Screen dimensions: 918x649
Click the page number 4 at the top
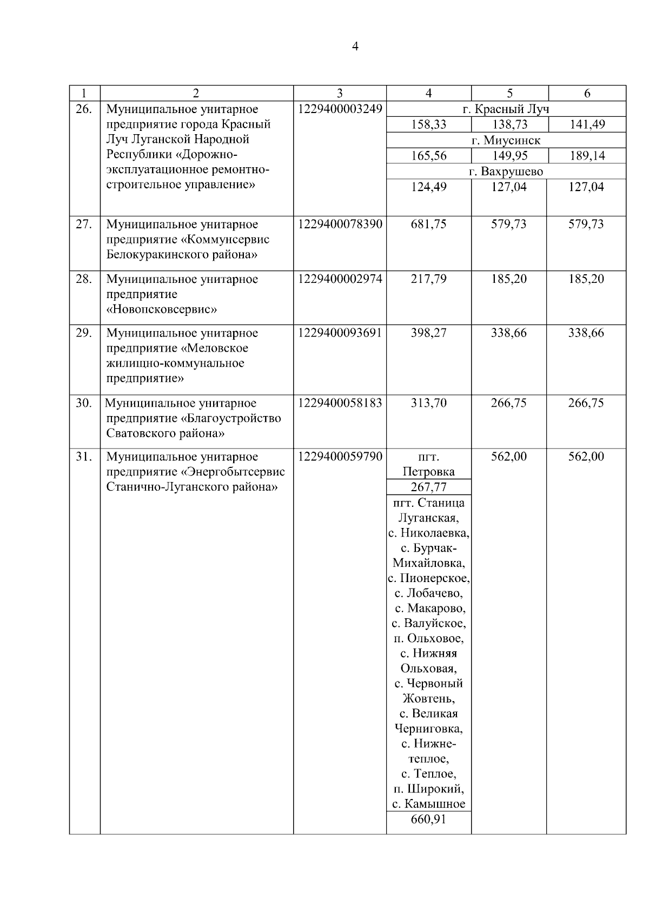click(355, 47)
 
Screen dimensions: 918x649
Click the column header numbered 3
click(340, 93)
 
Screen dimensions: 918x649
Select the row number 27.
click(84, 224)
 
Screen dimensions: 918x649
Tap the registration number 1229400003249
click(340, 109)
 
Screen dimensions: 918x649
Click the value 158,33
click(428, 125)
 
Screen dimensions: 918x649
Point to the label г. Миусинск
click(506, 141)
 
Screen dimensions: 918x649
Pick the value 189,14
click(587, 156)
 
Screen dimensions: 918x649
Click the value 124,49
click(428, 187)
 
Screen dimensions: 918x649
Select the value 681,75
click(428, 224)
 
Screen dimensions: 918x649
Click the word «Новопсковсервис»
click(162, 309)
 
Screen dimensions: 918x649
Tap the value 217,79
click(428, 279)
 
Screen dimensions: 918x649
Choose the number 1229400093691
click(340, 333)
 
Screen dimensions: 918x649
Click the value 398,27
click(428, 333)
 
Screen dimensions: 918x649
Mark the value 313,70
click(428, 403)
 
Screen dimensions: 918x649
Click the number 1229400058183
click(340, 403)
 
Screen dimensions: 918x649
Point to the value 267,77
click(428, 487)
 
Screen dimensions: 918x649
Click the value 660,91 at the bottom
click(428, 820)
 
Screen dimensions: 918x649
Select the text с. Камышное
click(428, 804)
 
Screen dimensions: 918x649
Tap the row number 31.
click(84, 457)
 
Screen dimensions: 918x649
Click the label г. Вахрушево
click(506, 172)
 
